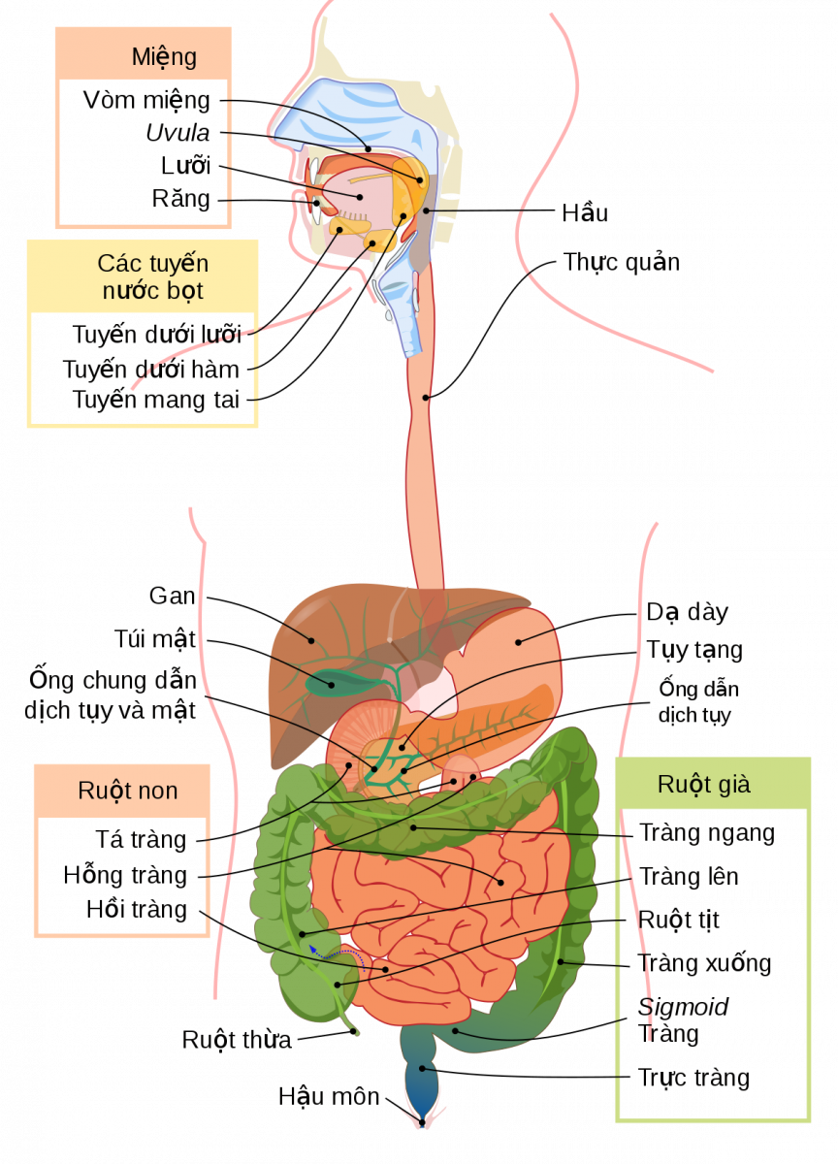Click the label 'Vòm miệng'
[x=146, y=100]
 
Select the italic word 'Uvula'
[x=177, y=133]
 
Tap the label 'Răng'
[x=180, y=199]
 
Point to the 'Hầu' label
[x=585, y=212]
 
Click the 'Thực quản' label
[x=622, y=263]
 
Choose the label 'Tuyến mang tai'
[x=156, y=400]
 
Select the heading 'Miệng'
[x=164, y=57]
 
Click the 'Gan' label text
[x=172, y=596]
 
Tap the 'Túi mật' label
[x=155, y=638]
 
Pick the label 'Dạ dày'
[x=687, y=612]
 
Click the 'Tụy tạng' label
[x=694, y=650]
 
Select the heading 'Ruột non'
[x=128, y=791]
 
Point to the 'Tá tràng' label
[x=141, y=839]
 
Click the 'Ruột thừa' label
[x=237, y=1040]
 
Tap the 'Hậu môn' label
[x=329, y=1096]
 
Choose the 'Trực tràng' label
[x=693, y=1078]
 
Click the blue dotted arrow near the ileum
[x=337, y=953]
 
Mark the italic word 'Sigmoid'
[x=683, y=1007]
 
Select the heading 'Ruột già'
[x=704, y=784]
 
